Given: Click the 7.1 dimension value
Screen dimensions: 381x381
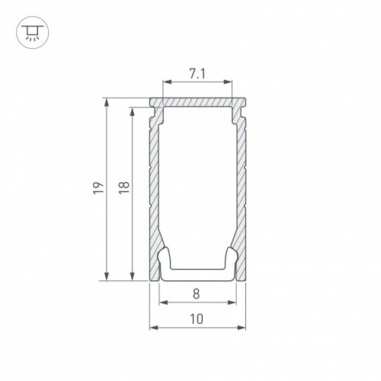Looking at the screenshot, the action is point(197,74).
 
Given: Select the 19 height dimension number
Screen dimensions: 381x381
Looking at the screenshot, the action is point(98,187).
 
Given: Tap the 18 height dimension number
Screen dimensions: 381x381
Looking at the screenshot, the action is point(124,187).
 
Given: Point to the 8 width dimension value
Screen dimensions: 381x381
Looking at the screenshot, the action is point(197,294).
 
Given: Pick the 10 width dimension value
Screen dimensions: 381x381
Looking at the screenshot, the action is point(197,319).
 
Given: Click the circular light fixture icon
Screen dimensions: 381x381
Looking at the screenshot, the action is point(33,33).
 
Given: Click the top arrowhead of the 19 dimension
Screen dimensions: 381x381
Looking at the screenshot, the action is point(107,103).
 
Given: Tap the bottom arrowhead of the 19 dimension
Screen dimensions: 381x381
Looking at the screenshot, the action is point(107,277).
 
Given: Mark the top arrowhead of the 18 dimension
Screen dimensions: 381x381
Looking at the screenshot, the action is point(132,112).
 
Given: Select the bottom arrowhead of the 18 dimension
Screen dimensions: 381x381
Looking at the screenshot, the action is point(132,277).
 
